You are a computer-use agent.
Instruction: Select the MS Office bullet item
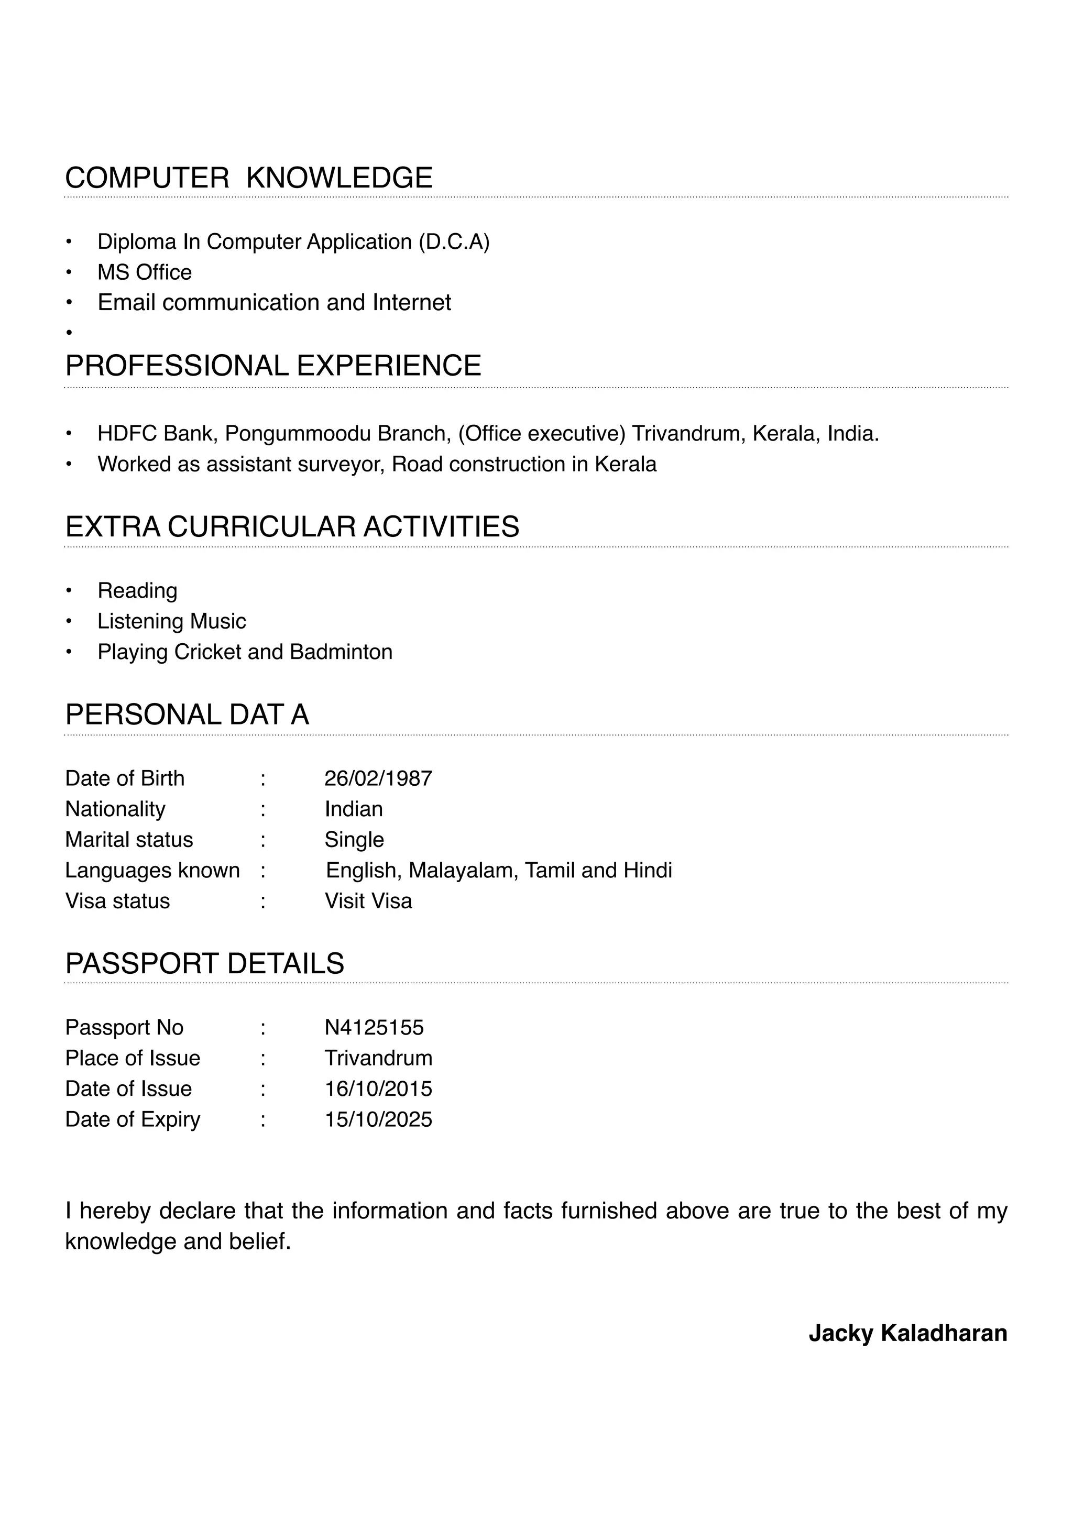tap(144, 272)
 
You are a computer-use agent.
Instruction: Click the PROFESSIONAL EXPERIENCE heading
tap(273, 366)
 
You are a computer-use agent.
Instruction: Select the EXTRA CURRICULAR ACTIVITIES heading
tap(292, 526)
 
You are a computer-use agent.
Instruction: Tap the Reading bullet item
tap(137, 591)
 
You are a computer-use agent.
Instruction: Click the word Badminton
tap(341, 652)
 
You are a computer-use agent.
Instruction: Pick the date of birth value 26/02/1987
tap(378, 778)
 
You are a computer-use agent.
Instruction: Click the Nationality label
tap(115, 809)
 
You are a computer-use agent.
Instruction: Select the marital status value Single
tap(354, 840)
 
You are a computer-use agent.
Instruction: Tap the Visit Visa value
tap(368, 901)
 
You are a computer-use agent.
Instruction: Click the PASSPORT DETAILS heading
tap(204, 964)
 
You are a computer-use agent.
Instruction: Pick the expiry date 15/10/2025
tap(378, 1119)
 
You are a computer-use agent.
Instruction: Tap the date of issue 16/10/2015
tap(378, 1089)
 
